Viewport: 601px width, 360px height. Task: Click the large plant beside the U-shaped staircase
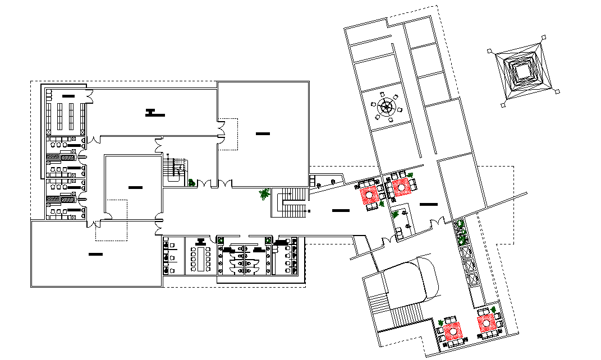pyautogui.click(x=264, y=194)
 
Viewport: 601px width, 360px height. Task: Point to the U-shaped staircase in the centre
pyautogui.click(x=290, y=204)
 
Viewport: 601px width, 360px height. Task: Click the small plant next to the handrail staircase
pyautogui.click(x=192, y=182)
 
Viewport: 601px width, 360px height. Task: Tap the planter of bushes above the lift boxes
pyautogui.click(x=462, y=233)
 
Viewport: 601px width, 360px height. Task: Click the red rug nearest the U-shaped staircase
pyautogui.click(x=370, y=195)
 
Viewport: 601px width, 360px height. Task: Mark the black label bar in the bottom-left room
pyautogui.click(x=95, y=255)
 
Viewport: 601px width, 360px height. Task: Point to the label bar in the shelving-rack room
pyautogui.click(x=68, y=96)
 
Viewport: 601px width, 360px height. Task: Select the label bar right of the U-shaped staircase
pyautogui.click(x=340, y=210)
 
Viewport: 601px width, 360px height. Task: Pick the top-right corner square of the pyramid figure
pyautogui.click(x=544, y=37)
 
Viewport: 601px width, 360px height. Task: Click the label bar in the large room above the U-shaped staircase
pyautogui.click(x=262, y=133)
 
